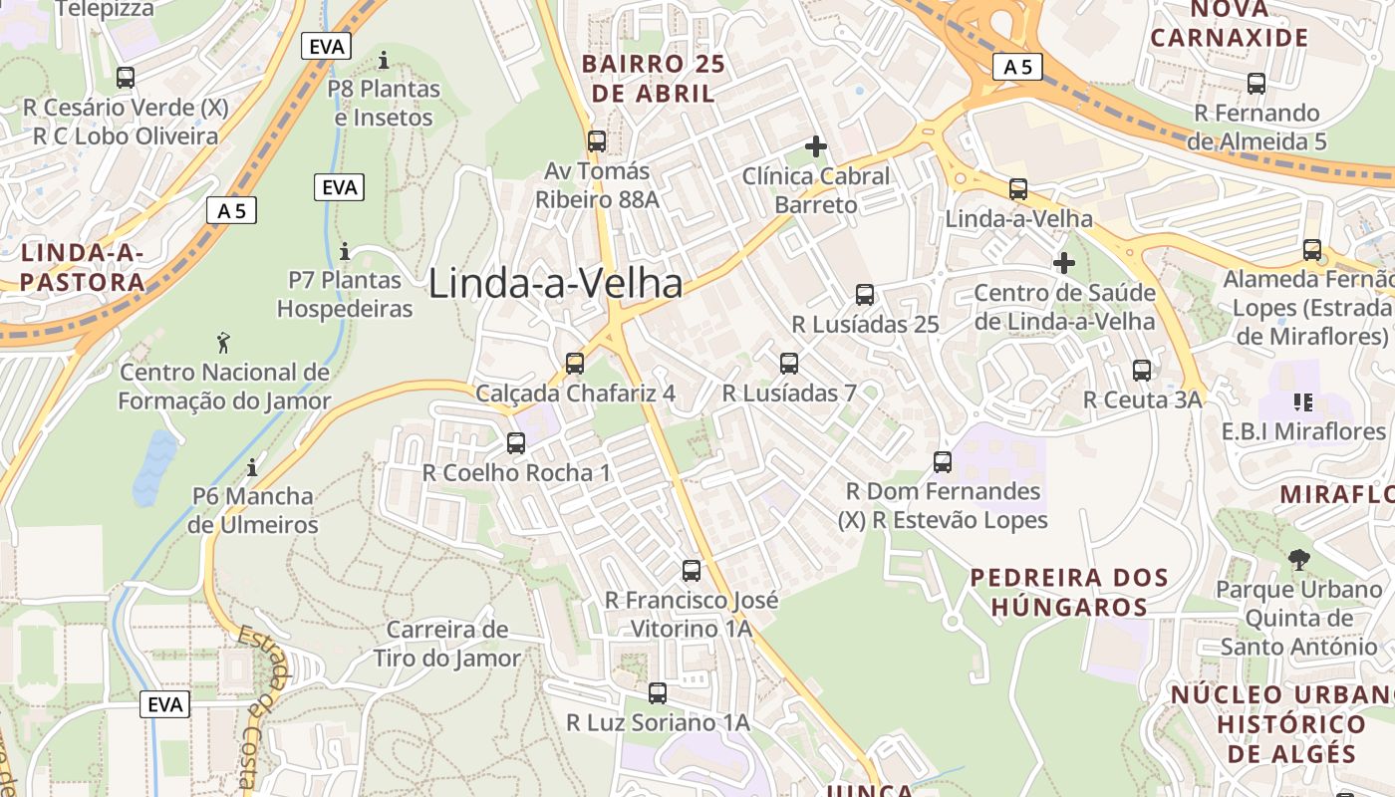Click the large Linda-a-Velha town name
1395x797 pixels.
click(x=556, y=284)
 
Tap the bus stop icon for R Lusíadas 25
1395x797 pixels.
click(x=865, y=295)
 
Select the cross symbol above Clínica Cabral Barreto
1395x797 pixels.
click(x=816, y=146)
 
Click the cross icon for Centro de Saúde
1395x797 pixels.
click(x=1064, y=263)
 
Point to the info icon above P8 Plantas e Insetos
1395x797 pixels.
click(x=384, y=61)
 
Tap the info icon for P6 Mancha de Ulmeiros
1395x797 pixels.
click(x=252, y=466)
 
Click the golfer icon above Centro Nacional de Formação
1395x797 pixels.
click(x=224, y=344)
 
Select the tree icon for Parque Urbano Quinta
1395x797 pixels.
click(x=1298, y=560)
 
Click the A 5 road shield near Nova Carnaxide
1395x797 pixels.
click(x=1017, y=67)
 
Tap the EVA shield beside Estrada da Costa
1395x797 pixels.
click(x=164, y=704)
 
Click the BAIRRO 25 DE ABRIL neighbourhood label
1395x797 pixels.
click(x=654, y=79)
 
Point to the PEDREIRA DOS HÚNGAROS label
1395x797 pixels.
click(x=1069, y=592)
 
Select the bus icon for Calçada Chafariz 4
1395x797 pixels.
click(x=575, y=364)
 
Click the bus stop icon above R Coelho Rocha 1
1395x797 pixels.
click(x=516, y=443)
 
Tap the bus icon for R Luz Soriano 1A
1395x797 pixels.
click(x=658, y=693)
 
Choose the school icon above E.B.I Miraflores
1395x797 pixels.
click(x=1302, y=402)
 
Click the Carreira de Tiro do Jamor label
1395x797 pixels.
click(x=447, y=644)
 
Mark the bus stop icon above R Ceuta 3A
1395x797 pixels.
click(x=1142, y=371)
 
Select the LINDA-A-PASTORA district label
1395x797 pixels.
click(x=83, y=267)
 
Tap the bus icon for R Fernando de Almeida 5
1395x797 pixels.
click(x=1256, y=84)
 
